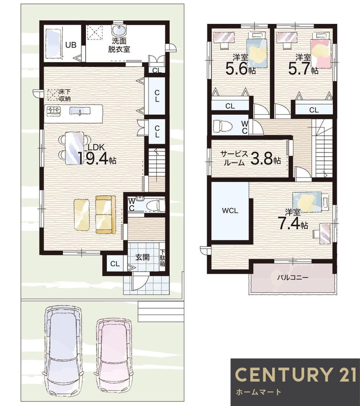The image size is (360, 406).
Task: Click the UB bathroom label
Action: [x=71, y=45]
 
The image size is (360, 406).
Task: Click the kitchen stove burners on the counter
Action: [x=54, y=110]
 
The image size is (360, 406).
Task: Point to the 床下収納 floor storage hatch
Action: [x=53, y=94]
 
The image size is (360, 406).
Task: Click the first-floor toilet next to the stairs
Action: [x=154, y=205]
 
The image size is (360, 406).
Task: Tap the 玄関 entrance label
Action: [x=143, y=258]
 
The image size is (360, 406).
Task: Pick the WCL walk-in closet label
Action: [x=230, y=211]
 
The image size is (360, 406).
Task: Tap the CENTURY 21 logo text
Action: [x=295, y=375]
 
